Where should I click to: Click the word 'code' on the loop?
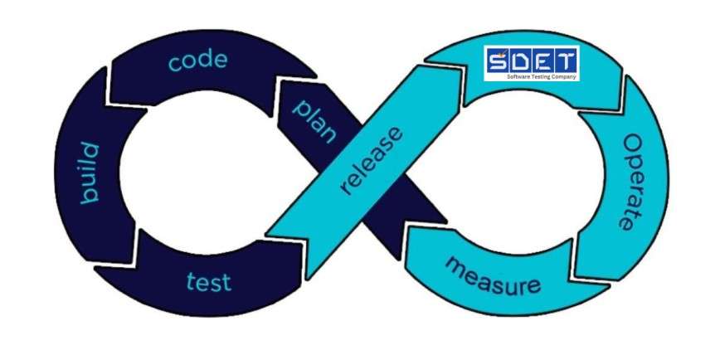tap(197, 61)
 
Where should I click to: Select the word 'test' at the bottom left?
tap(208, 281)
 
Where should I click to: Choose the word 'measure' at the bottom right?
tap(494, 276)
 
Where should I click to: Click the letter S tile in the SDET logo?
tap(498, 61)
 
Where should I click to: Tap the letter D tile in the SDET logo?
tap(520, 61)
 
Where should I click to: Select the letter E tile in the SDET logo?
tap(543, 61)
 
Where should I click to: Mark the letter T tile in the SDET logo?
tap(566, 61)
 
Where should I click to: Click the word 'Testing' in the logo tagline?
tap(540, 77)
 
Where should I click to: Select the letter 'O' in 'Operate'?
tap(633, 143)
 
